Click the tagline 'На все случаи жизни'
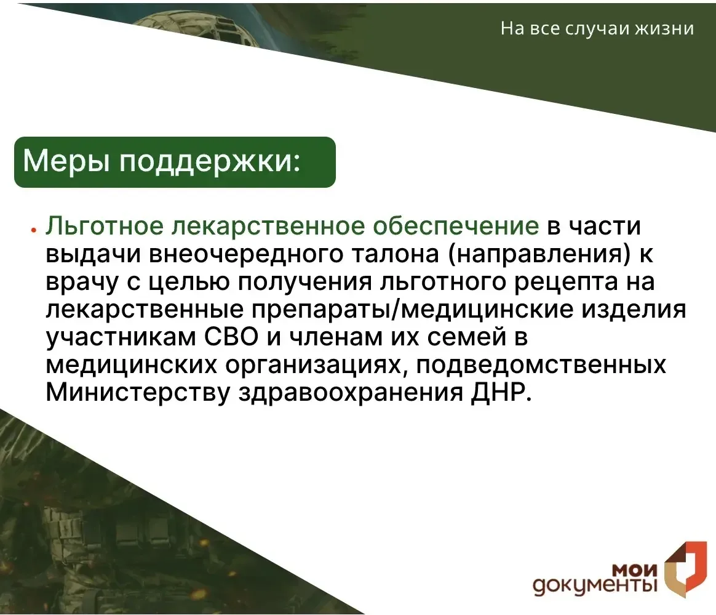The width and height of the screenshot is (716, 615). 597,29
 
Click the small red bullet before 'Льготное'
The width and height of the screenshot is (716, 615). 33,230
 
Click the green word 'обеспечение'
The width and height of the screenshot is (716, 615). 456,226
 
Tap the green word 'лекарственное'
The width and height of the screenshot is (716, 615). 268,227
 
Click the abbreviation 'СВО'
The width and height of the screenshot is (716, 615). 231,337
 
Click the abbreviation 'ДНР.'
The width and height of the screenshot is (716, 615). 501,393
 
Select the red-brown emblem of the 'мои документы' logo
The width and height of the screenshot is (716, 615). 685,569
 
